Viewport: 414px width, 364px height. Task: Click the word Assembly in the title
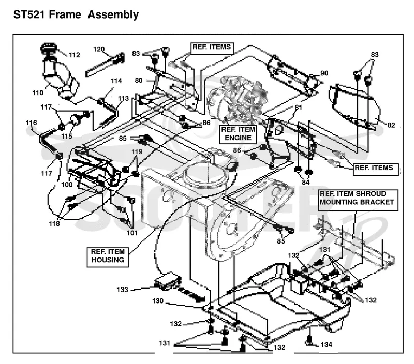point(113,15)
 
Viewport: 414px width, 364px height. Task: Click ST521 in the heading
point(29,14)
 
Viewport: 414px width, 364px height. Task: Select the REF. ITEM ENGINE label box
point(238,134)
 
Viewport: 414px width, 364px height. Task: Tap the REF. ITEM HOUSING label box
point(108,256)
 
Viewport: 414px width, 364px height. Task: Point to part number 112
point(74,55)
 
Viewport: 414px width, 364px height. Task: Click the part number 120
point(99,49)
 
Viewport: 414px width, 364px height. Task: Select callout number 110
point(38,93)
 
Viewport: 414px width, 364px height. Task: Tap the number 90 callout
point(324,73)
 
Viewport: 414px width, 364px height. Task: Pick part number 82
point(391,125)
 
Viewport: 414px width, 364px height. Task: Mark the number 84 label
point(305,183)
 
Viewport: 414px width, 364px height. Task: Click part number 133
point(122,290)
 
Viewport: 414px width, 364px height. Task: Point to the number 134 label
point(326,345)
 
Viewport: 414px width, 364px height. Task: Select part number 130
point(158,301)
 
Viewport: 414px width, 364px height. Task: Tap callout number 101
point(132,233)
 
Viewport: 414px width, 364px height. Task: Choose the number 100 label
point(67,185)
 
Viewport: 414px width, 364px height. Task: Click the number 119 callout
point(137,151)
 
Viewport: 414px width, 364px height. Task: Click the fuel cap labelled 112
point(49,48)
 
